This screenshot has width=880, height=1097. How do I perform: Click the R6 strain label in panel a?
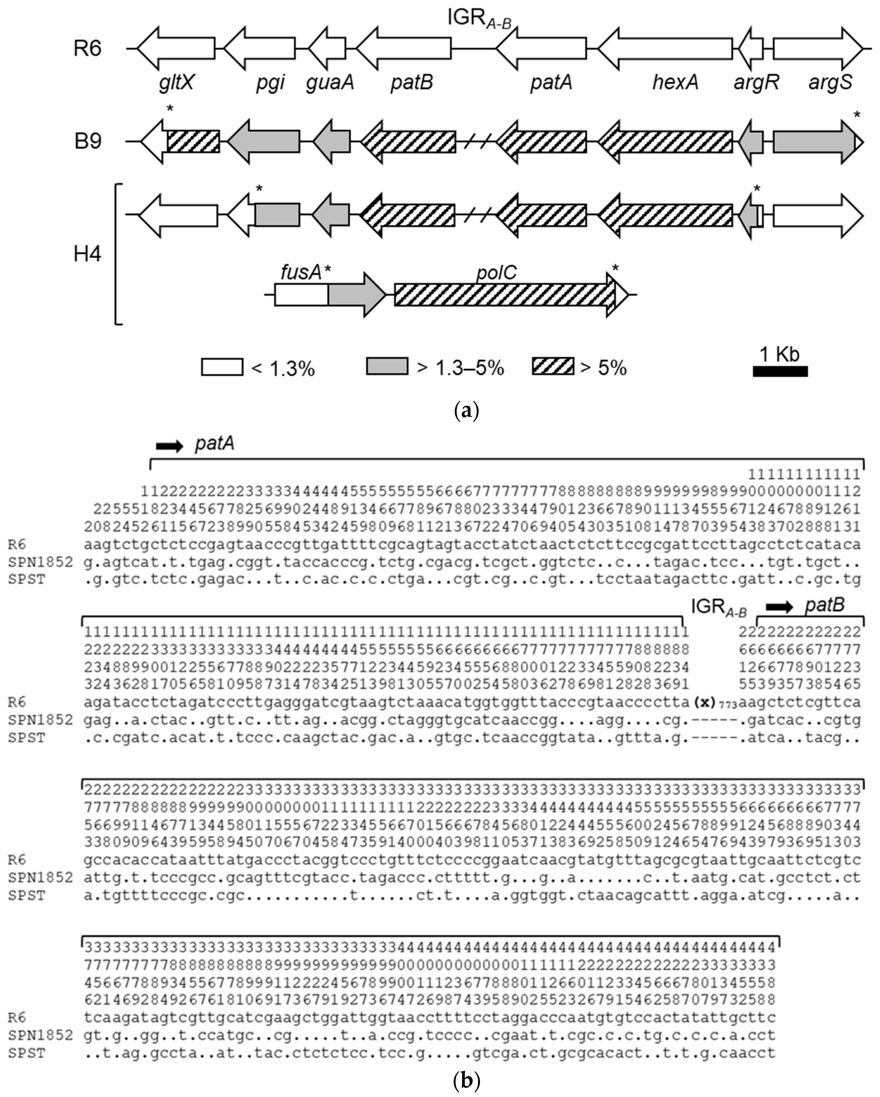87,49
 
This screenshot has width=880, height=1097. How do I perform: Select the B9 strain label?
87,141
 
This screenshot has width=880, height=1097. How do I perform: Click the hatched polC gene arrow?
504,294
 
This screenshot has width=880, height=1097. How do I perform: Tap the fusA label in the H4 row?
301,273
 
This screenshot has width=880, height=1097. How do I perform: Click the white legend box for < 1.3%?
222,367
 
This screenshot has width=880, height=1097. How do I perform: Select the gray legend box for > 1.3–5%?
387,366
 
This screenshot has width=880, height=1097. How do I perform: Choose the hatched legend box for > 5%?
553,366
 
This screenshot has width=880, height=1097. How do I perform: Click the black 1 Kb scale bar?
780,371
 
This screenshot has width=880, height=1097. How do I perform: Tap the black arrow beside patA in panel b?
169,446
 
